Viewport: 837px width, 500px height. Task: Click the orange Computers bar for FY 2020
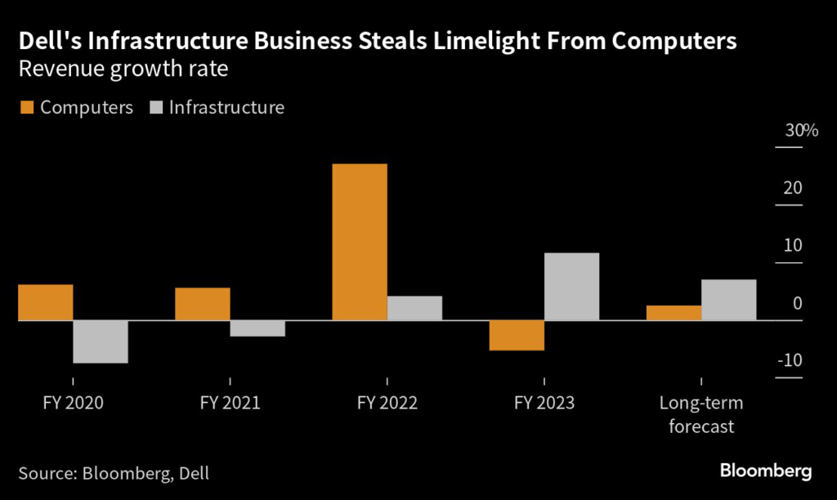45,302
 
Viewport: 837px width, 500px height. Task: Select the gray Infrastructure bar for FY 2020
101,342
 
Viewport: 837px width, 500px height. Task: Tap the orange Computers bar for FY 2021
202,304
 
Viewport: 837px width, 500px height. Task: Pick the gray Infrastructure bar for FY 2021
257,328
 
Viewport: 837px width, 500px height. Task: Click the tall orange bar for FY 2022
360,242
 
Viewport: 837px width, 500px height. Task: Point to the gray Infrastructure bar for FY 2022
415,308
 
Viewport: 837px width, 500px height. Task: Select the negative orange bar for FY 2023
517,335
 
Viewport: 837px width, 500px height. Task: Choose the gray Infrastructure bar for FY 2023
572,287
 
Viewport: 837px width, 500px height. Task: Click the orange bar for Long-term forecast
674,313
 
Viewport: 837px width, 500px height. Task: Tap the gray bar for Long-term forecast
729,300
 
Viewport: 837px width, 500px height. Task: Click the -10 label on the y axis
790,360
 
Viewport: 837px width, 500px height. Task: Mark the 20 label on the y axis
792,188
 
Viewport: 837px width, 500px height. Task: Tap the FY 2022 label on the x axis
387,404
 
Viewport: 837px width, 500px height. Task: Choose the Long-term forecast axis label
701,415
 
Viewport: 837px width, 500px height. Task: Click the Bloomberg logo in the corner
766,471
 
